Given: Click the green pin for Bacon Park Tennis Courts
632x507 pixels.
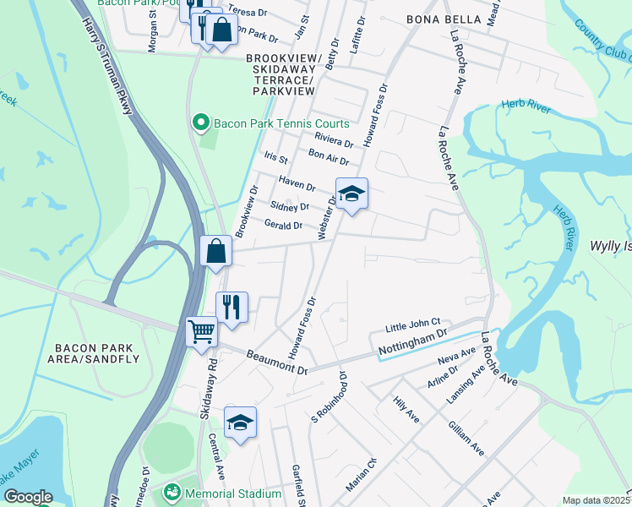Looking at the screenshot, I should pos(201,124).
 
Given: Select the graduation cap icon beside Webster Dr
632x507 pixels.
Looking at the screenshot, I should pos(351,194).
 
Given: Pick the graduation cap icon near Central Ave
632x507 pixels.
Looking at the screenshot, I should pos(240,422).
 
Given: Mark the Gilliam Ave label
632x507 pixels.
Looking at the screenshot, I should pos(466,438).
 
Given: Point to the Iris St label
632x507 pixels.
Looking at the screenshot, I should pos(276,158).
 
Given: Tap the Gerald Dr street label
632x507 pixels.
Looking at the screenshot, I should pos(283,225).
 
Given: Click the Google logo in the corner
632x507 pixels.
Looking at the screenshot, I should pos(28,497).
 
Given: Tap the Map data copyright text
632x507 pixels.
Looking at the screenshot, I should pos(597,500).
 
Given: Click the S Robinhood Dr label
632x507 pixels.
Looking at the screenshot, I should pos(330,396).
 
